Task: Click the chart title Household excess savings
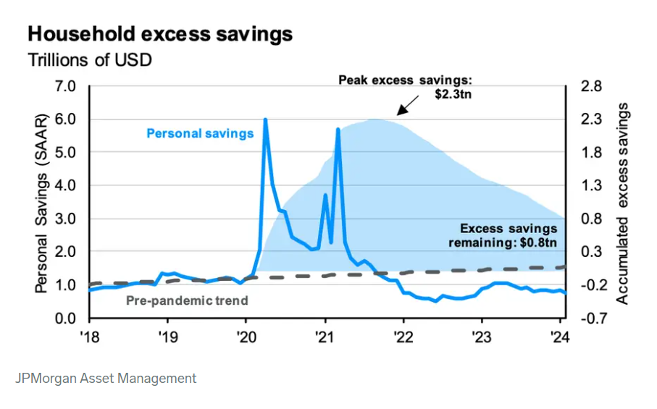160,34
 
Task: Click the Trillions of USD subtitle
90,60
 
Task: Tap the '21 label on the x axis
325,337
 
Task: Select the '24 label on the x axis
560,337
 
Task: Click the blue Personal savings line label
200,133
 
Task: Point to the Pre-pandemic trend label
187,300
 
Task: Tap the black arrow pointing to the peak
408,106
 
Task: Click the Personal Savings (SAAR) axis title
42,203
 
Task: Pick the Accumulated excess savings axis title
622,203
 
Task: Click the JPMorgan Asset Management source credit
106,378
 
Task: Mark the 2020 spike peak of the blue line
265,119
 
